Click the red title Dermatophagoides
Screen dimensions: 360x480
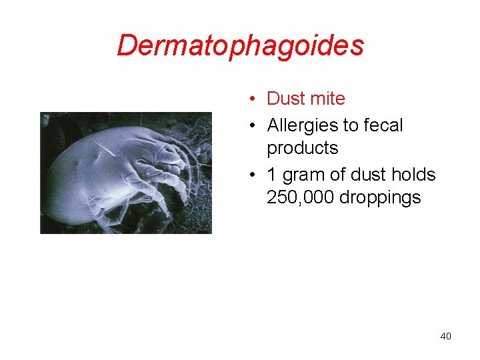(240, 45)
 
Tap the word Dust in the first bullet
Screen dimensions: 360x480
(285, 99)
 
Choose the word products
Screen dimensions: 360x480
(302, 148)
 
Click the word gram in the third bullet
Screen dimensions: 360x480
(301, 175)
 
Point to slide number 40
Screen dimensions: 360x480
(445, 336)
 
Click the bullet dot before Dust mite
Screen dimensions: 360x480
(254, 99)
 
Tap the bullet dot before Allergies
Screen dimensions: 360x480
(254, 126)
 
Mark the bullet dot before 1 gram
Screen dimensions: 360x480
(254, 175)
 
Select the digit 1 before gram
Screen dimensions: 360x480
(271, 175)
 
